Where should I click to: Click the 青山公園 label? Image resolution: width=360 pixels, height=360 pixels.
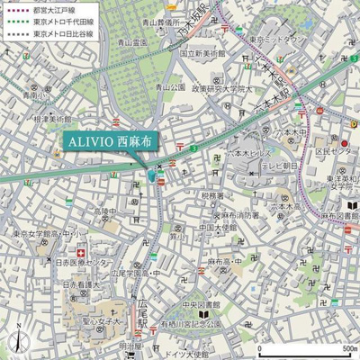pyautogui.click(x=168, y=87)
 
